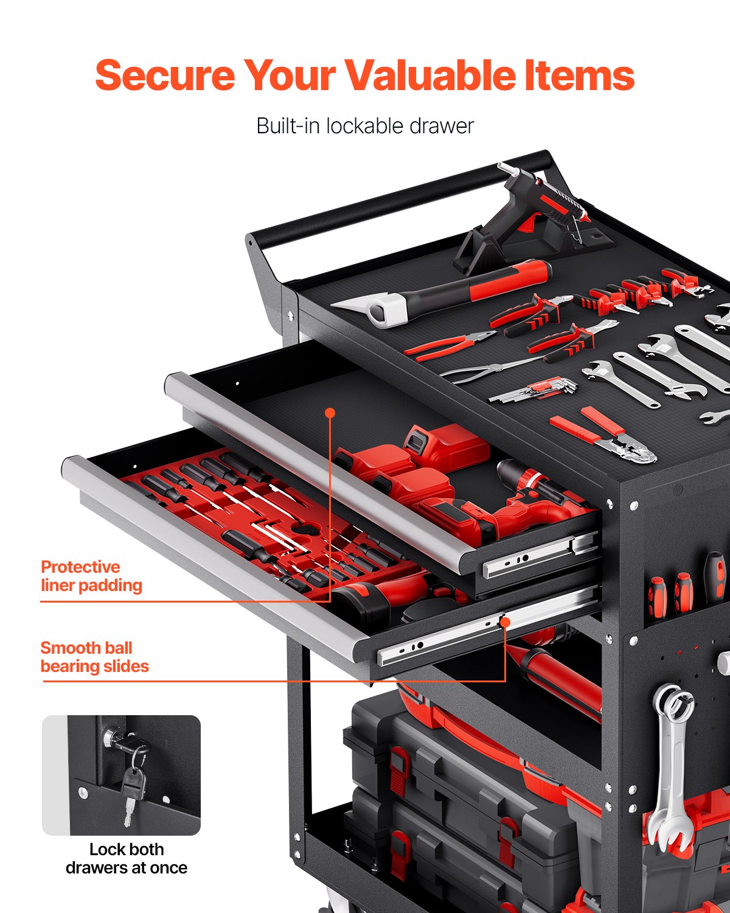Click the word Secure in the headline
pyautogui.click(x=164, y=75)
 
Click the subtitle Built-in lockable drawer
pyautogui.click(x=364, y=126)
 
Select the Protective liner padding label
pyautogui.click(x=91, y=576)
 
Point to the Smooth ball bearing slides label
pyautogui.click(x=94, y=657)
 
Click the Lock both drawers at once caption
pyautogui.click(x=126, y=858)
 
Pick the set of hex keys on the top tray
pyautogui.click(x=535, y=390)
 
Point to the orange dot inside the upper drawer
pyautogui.click(x=330, y=413)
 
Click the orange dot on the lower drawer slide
pyautogui.click(x=504, y=621)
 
